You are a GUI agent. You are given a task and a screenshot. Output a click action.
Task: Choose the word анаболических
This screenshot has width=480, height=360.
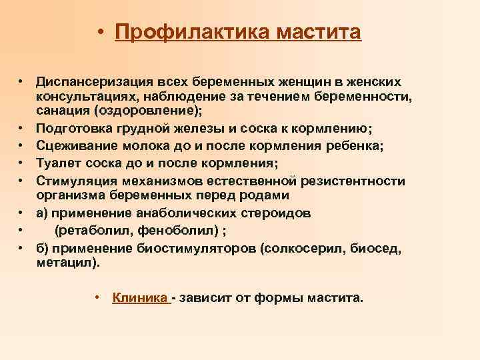tap(183, 213)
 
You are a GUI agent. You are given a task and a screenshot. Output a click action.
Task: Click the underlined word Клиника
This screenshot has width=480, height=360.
tap(139, 297)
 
